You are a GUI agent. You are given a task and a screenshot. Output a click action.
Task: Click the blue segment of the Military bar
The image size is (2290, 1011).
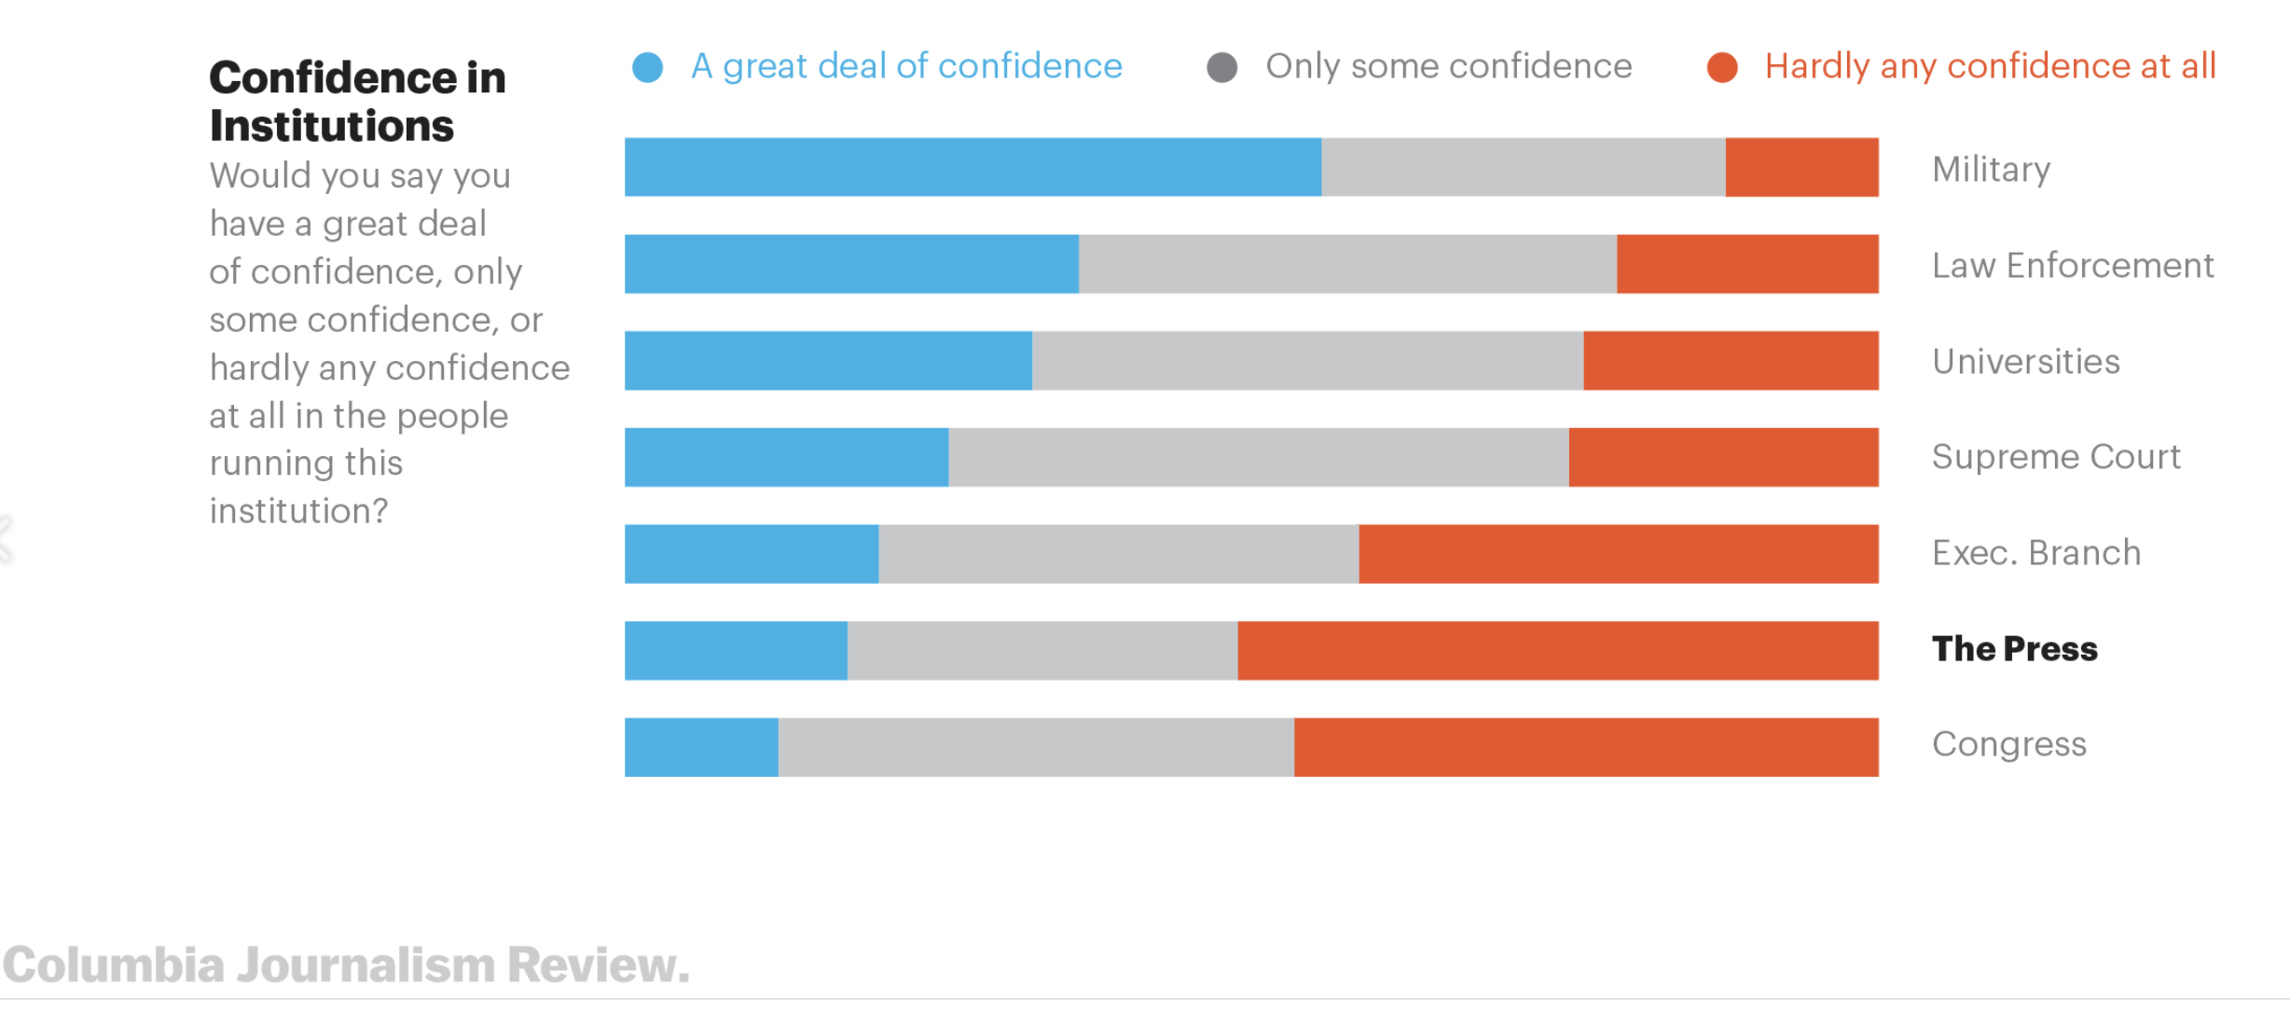pos(973,167)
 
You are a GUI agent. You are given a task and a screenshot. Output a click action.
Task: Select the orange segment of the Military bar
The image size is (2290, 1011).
pos(1801,167)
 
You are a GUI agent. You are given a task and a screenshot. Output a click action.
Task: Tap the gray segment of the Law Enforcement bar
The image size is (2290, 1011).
pos(1347,264)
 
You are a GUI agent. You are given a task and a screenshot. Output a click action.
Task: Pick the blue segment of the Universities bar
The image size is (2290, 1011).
pos(828,360)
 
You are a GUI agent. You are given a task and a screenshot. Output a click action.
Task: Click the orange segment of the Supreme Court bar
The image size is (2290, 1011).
pos(1723,457)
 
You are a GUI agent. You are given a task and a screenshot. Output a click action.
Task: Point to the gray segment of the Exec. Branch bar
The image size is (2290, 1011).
pos(1118,554)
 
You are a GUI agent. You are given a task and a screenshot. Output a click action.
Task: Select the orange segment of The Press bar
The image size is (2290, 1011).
pos(1557,650)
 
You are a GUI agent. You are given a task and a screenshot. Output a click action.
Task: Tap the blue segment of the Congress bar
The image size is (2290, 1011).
pos(701,747)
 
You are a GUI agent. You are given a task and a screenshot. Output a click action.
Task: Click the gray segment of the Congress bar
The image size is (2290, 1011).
pos(1036,747)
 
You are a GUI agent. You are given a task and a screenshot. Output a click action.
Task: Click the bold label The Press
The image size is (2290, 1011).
pos(2014,648)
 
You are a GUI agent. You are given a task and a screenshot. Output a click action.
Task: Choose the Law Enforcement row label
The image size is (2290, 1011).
pos(2072,266)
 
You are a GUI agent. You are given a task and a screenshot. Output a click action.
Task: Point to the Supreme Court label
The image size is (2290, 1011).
pos(2055,457)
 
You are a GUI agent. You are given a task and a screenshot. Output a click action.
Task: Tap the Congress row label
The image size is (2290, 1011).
pos(2008,744)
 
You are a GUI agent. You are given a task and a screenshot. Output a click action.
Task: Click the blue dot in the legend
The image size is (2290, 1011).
pos(647,67)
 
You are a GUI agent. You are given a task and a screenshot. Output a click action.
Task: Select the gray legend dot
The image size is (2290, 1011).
pos(1221,67)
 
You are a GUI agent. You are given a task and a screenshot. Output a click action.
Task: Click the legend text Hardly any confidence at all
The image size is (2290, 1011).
pos(1990,66)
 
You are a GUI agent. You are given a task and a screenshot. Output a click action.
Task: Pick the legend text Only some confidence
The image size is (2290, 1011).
pos(1448,66)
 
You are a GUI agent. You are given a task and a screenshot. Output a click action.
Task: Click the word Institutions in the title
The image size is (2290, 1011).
pos(331,126)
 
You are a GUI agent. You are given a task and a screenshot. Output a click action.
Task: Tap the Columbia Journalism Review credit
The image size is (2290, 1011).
pos(346,964)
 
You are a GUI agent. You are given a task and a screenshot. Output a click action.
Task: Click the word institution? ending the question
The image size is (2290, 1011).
pos(298,511)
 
